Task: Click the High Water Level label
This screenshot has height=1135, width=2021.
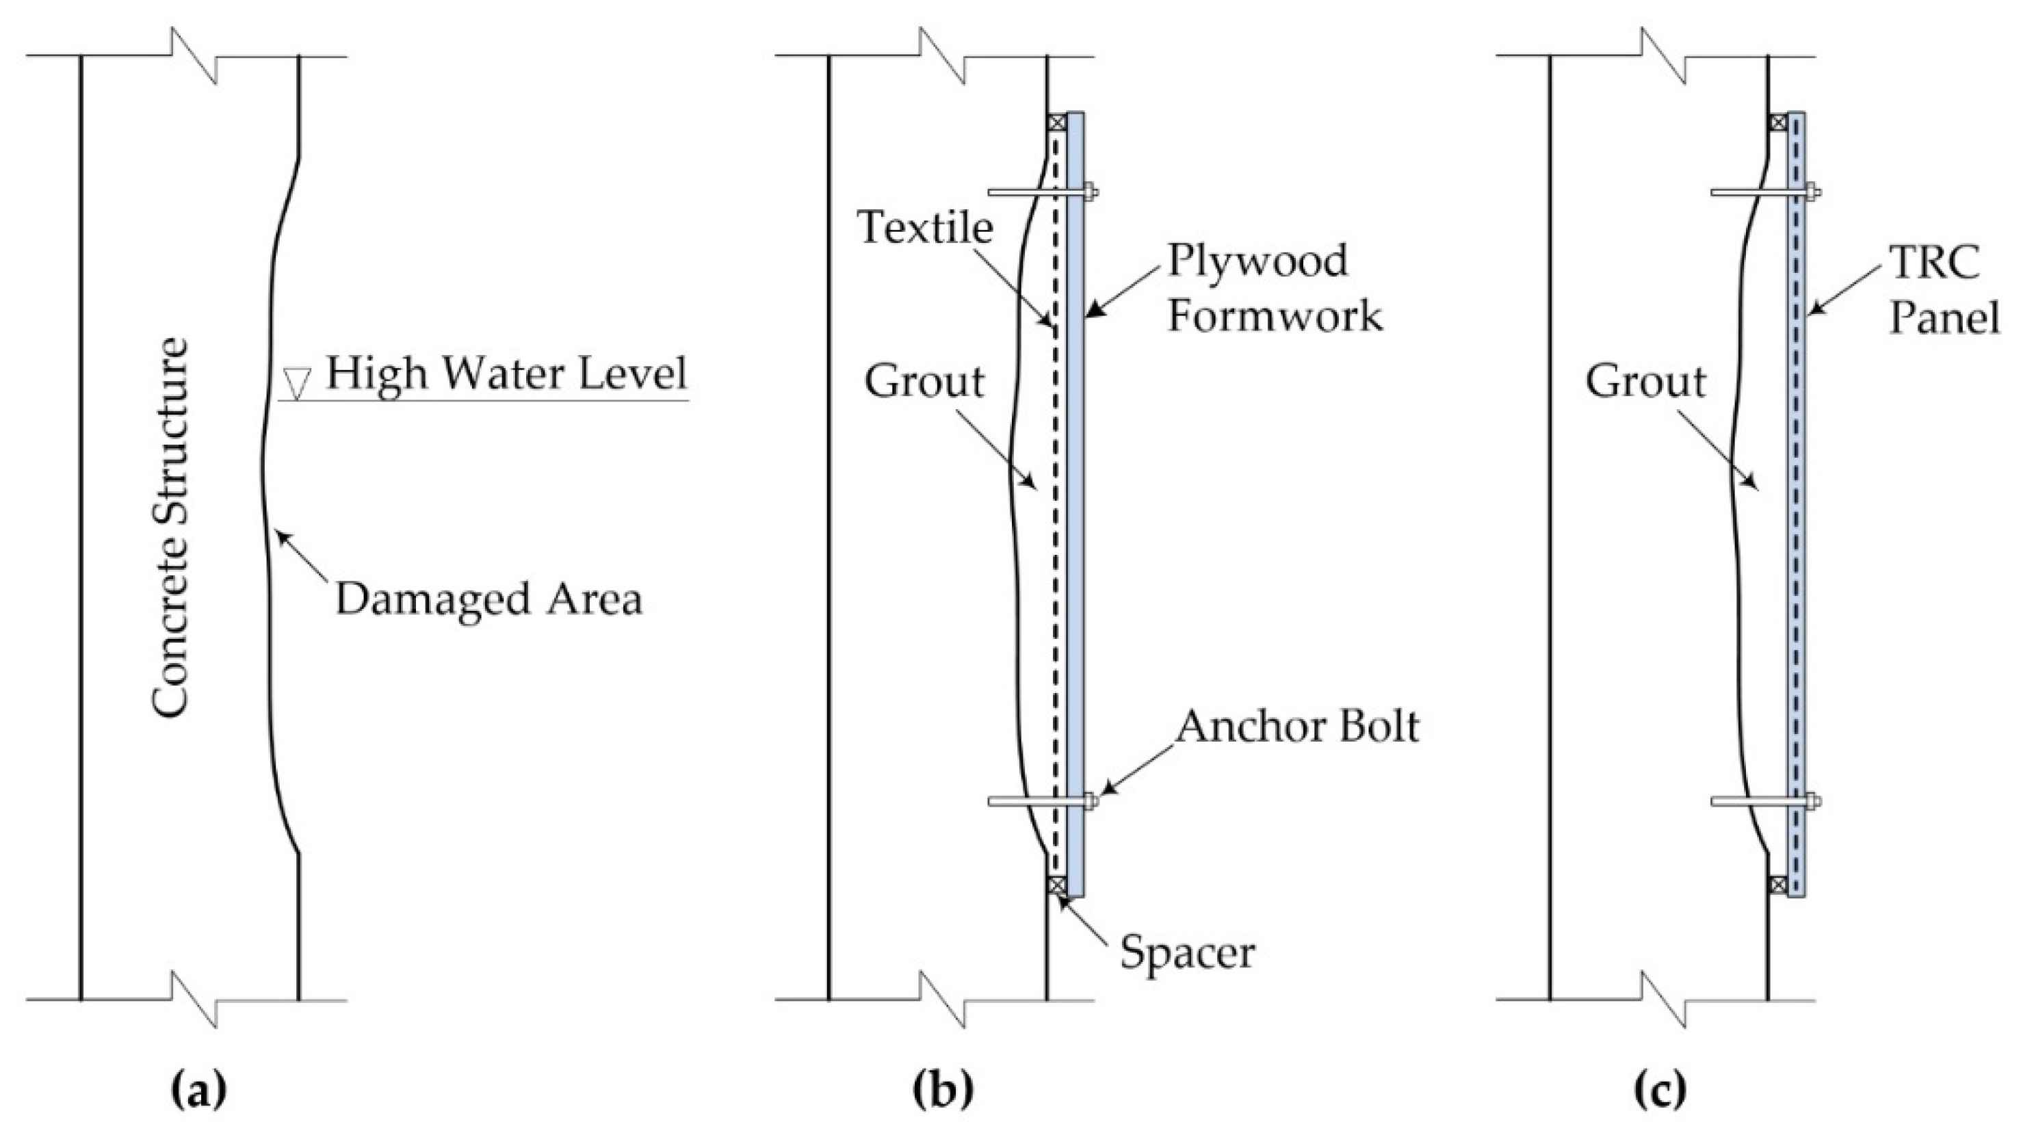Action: pos(506,374)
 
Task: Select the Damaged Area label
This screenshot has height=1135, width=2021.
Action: pos(488,599)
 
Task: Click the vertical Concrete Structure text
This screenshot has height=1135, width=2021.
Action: pos(170,527)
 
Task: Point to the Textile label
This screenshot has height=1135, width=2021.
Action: pos(926,227)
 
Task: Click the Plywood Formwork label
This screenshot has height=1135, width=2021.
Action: pos(1273,288)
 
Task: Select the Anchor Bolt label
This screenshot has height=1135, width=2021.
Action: pos(1298,727)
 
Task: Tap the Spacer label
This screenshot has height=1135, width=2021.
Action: pos(1186,952)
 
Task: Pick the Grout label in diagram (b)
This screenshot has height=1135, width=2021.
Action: pos(924,382)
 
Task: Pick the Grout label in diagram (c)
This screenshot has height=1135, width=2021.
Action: pos(1646,382)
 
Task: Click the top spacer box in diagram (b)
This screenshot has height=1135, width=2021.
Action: pos(1057,122)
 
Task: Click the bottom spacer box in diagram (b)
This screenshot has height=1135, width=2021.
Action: pos(1057,885)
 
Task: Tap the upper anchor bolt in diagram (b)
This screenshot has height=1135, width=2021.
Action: pos(1039,192)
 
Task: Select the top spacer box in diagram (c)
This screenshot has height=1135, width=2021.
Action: pos(1779,122)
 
